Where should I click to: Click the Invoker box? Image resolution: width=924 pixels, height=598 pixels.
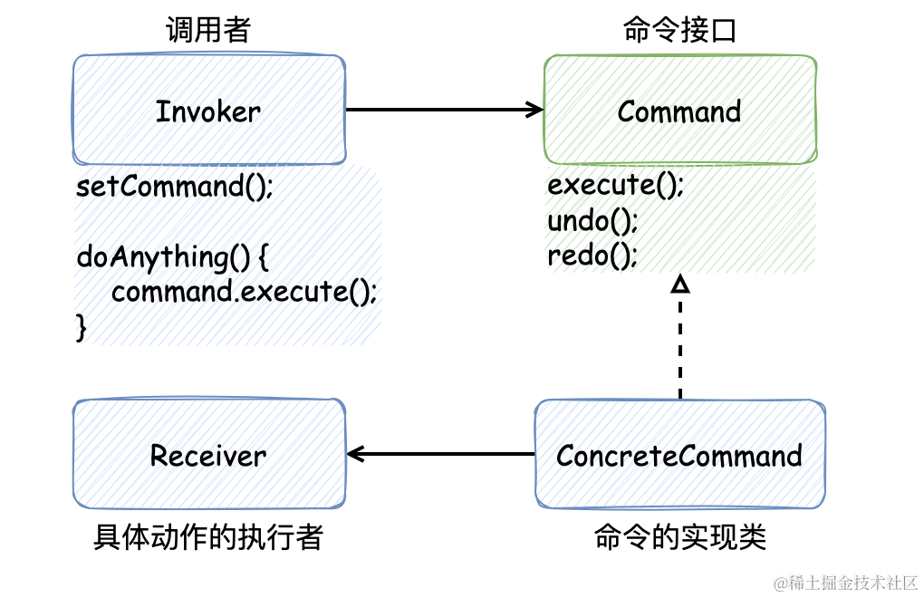point(208,111)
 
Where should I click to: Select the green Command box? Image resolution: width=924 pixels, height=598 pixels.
point(679,111)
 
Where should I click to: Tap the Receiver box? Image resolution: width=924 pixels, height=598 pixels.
point(208,455)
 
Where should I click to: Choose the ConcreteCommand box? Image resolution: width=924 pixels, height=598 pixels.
point(679,455)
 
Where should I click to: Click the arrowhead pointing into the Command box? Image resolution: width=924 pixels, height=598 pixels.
point(535,110)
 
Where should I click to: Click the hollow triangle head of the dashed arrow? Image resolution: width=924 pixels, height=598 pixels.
point(679,285)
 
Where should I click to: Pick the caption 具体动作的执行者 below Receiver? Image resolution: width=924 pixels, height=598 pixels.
point(207,538)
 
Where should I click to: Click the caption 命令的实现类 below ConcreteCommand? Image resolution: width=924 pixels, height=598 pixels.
point(679,538)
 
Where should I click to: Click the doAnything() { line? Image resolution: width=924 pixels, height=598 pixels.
point(173,257)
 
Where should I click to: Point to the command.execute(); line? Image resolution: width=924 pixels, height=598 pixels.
point(244,292)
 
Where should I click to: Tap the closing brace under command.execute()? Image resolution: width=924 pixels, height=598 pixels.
point(82,326)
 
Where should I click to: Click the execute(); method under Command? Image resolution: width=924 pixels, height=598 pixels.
point(615,186)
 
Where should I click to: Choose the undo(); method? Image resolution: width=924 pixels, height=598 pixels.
point(593,221)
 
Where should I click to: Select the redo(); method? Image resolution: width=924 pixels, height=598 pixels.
point(592,256)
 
